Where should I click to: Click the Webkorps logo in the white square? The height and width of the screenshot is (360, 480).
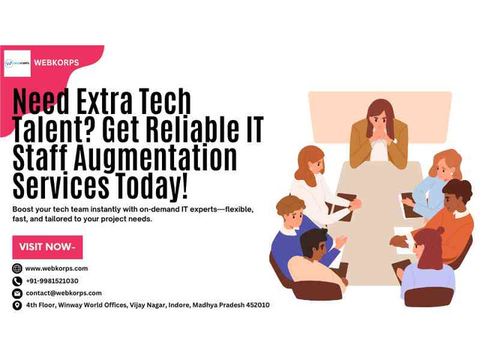(x=17, y=63)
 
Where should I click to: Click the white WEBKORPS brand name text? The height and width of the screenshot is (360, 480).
(x=57, y=62)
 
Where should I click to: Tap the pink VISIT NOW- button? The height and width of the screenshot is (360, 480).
(x=47, y=247)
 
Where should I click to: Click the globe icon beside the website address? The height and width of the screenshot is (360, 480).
(x=16, y=268)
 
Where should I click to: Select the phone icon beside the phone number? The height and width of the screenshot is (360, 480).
(x=16, y=281)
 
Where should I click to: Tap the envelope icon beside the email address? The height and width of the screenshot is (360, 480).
(x=16, y=293)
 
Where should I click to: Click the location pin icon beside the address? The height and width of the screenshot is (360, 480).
(x=16, y=305)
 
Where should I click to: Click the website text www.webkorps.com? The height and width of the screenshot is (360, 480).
(x=57, y=268)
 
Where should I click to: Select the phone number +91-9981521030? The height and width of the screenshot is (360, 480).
(x=52, y=280)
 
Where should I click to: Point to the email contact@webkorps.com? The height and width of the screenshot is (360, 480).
(x=64, y=293)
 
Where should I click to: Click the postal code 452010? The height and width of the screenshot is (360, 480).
(x=258, y=305)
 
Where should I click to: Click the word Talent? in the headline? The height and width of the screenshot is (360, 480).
(x=55, y=129)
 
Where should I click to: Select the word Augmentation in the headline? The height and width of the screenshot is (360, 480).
(x=155, y=158)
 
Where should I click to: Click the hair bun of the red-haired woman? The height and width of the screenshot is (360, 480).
(x=439, y=230)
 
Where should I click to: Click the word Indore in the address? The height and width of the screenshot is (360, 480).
(x=179, y=305)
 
